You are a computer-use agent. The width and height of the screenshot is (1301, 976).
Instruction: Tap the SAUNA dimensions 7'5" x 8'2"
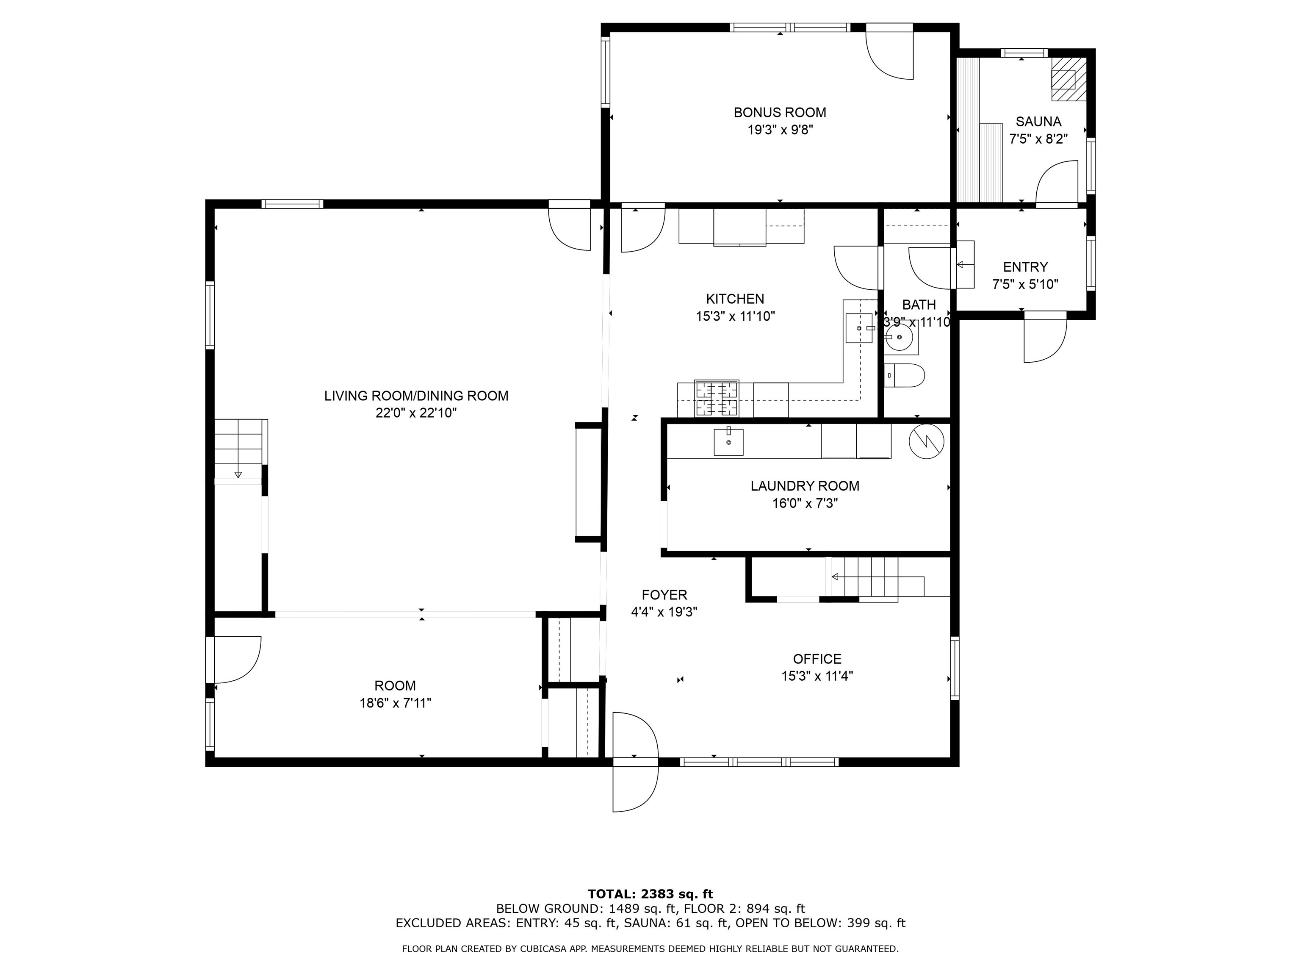(1038, 139)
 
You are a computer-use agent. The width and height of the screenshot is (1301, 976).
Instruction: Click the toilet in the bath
(905, 375)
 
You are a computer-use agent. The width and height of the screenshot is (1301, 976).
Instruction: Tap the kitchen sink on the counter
(859, 328)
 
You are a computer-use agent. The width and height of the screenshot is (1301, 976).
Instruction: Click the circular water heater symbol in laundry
(926, 441)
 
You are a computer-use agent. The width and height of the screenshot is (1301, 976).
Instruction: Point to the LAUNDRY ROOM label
(805, 486)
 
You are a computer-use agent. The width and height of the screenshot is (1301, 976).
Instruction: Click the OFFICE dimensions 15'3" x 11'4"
(817, 676)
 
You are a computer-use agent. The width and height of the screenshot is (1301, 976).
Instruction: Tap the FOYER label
(664, 595)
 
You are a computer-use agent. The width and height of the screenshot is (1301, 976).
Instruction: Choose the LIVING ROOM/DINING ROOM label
(416, 396)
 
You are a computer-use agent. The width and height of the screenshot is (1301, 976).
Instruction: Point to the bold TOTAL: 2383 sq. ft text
(650, 894)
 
